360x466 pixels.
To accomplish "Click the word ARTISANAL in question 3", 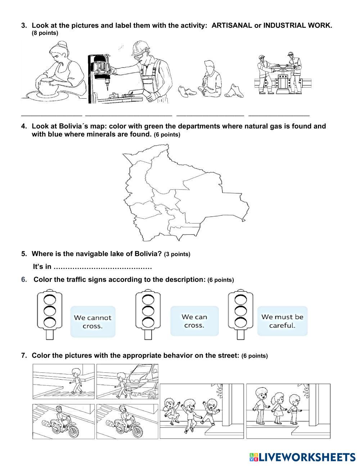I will (231, 26).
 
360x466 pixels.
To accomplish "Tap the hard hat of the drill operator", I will (139, 47).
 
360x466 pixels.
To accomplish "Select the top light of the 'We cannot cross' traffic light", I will (50, 299).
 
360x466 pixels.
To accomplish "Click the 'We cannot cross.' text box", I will (93, 322).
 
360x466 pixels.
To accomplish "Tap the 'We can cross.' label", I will (194, 321).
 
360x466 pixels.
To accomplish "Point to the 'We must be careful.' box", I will (282, 321).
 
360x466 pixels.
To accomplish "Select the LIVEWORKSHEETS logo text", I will (306, 457).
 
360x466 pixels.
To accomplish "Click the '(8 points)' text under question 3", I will (45, 33).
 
